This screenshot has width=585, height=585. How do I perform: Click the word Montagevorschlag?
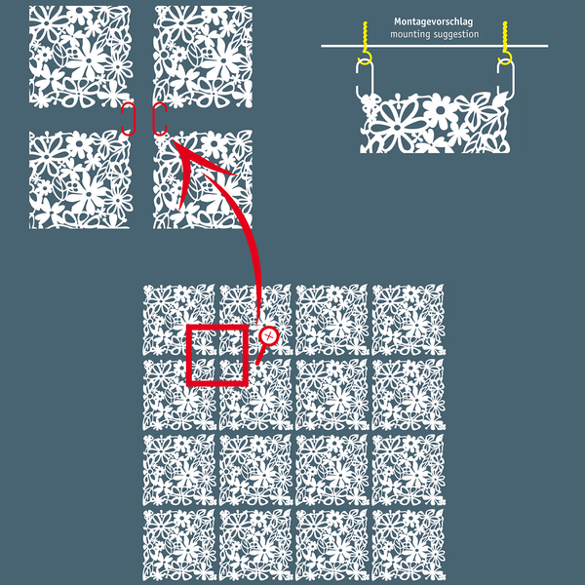coord(434,22)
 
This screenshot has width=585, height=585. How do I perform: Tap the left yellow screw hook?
coord(366,44)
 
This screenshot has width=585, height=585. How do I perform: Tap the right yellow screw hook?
coord(505,43)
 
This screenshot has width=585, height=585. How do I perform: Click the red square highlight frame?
coord(189,355)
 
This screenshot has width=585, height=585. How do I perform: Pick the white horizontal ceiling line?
coord(434,46)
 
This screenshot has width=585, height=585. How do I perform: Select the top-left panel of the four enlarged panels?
coord(81,57)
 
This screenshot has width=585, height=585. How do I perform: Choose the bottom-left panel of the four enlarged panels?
coord(81,179)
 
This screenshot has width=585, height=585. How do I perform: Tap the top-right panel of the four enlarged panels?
coord(203,57)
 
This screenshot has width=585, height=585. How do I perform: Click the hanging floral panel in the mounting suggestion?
coord(435,123)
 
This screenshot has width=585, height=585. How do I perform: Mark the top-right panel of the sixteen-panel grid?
coord(409,320)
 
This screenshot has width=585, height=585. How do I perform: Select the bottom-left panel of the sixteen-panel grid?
coord(179,545)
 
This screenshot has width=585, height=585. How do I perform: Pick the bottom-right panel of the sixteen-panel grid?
coord(409,545)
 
